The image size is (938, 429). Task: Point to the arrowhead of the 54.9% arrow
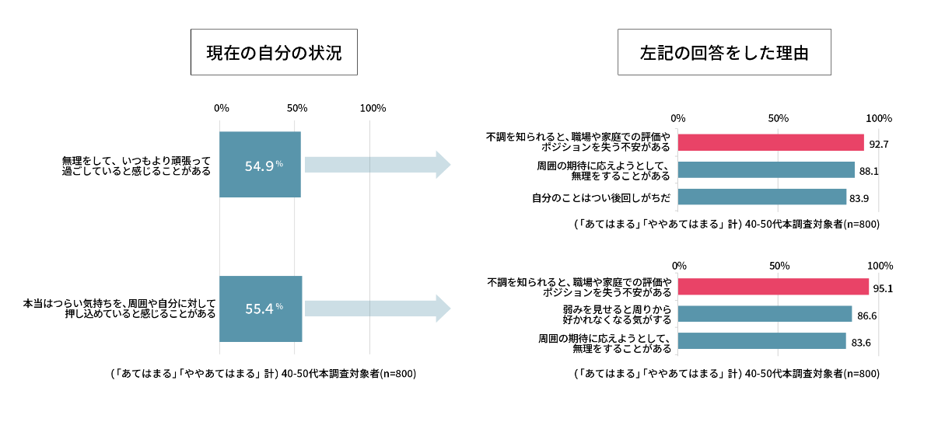tap(443, 165)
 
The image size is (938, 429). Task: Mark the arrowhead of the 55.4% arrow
tap(443, 309)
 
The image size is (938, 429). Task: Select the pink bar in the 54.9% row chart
tap(770, 142)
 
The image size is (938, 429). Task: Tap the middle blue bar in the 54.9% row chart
tap(765, 169)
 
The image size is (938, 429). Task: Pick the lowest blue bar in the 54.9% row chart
tap(761, 197)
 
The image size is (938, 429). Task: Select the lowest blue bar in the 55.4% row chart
tap(761, 340)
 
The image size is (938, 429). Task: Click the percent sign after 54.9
tap(279, 163)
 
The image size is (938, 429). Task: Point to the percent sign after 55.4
tap(279, 306)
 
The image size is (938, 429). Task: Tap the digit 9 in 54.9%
tap(270, 166)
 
